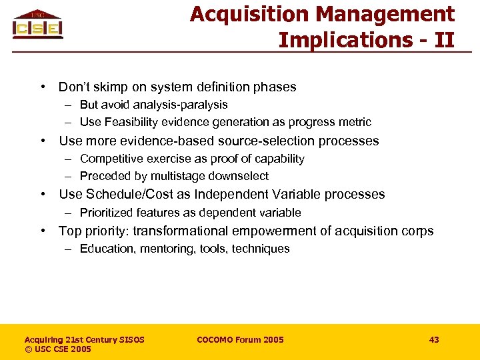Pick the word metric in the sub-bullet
click(x=355, y=122)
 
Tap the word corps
click(x=418, y=231)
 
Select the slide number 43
click(x=434, y=340)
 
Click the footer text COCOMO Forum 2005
click(x=240, y=340)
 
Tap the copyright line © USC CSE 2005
click(x=58, y=349)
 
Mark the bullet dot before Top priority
click(x=42, y=231)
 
